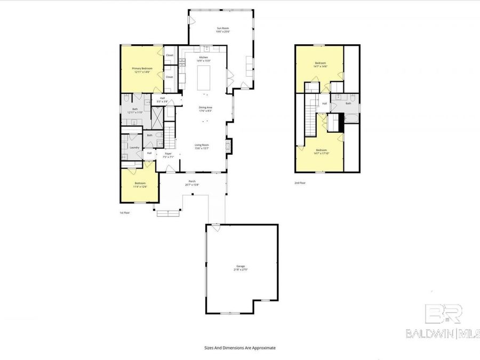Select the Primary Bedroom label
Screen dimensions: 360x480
point(142,68)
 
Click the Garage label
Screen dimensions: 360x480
point(241,266)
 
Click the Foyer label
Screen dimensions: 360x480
point(168,154)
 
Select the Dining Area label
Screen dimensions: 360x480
point(206,108)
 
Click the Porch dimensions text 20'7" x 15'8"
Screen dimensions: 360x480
point(191,185)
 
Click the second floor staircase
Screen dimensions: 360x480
point(310,119)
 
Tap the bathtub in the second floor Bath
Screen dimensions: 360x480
point(350,114)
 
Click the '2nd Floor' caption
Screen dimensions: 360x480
point(300,183)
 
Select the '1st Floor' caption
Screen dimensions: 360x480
point(124,212)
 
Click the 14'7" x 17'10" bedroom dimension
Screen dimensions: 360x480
point(321,153)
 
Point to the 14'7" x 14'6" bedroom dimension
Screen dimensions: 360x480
point(321,66)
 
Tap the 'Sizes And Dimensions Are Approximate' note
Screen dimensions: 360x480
point(240,347)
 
